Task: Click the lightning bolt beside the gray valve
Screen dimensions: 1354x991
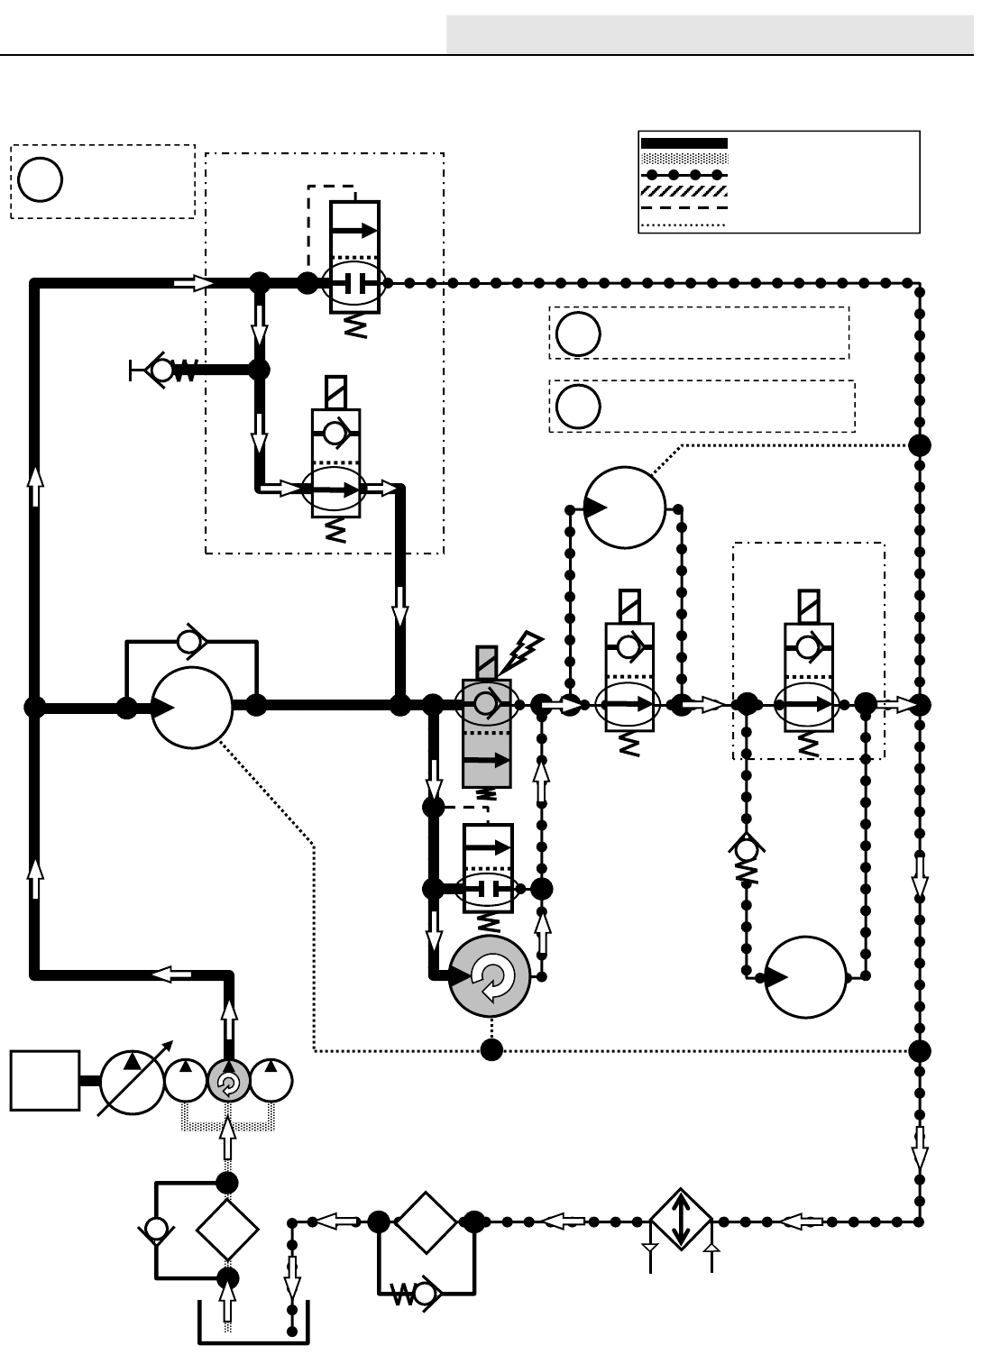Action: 526,651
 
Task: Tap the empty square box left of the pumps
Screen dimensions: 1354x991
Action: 45,1080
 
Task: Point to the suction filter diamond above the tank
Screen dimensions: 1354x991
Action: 227,1230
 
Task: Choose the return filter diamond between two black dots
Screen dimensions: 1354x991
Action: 426,1222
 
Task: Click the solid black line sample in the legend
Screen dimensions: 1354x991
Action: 683,143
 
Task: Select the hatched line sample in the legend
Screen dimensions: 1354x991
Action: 683,191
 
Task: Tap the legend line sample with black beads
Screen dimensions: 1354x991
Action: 683,175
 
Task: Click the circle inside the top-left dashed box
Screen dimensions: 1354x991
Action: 40,179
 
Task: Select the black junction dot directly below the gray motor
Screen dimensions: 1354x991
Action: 491,1050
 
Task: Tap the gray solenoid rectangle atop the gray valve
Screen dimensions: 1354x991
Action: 487,663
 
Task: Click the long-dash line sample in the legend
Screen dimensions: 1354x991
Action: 683,208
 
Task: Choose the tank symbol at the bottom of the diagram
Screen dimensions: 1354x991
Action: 253,1325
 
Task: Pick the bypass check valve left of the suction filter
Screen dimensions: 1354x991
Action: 157,1229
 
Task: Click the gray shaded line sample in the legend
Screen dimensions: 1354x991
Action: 683,159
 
